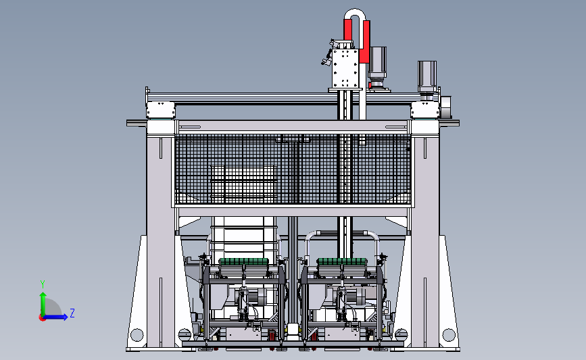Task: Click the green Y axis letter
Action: click(43, 284)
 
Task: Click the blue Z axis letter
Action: click(72, 313)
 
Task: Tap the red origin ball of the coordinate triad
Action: click(42, 317)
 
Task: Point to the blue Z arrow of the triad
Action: click(56, 317)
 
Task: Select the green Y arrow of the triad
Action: click(43, 304)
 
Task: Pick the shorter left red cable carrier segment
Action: click(348, 30)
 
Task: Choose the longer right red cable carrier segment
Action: click(365, 41)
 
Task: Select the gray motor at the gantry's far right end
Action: click(426, 76)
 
